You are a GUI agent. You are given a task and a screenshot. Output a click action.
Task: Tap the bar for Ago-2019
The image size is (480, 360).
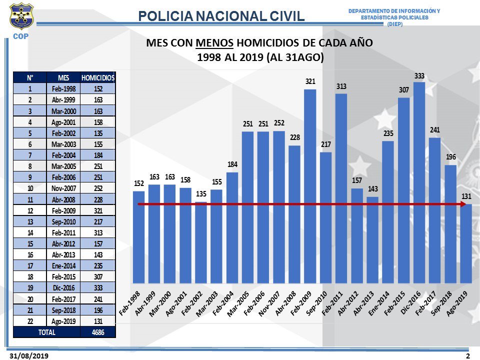point(465,243)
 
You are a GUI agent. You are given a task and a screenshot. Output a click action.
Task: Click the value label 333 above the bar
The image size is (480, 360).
point(419,75)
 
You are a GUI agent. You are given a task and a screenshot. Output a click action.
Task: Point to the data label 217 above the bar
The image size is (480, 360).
point(325,145)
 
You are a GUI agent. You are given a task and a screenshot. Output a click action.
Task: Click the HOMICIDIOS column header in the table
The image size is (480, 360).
point(98,77)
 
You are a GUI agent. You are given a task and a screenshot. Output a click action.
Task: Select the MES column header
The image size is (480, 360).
point(63,77)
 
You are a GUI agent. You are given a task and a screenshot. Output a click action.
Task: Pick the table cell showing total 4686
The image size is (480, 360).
point(98,332)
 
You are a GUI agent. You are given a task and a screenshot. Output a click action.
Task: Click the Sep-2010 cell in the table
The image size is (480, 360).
point(63,221)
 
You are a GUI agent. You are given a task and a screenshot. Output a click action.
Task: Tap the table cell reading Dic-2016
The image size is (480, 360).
point(63,287)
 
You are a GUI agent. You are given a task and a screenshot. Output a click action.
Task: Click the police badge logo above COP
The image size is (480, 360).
point(21,16)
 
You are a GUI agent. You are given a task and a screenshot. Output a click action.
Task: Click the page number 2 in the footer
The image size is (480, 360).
point(468,355)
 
